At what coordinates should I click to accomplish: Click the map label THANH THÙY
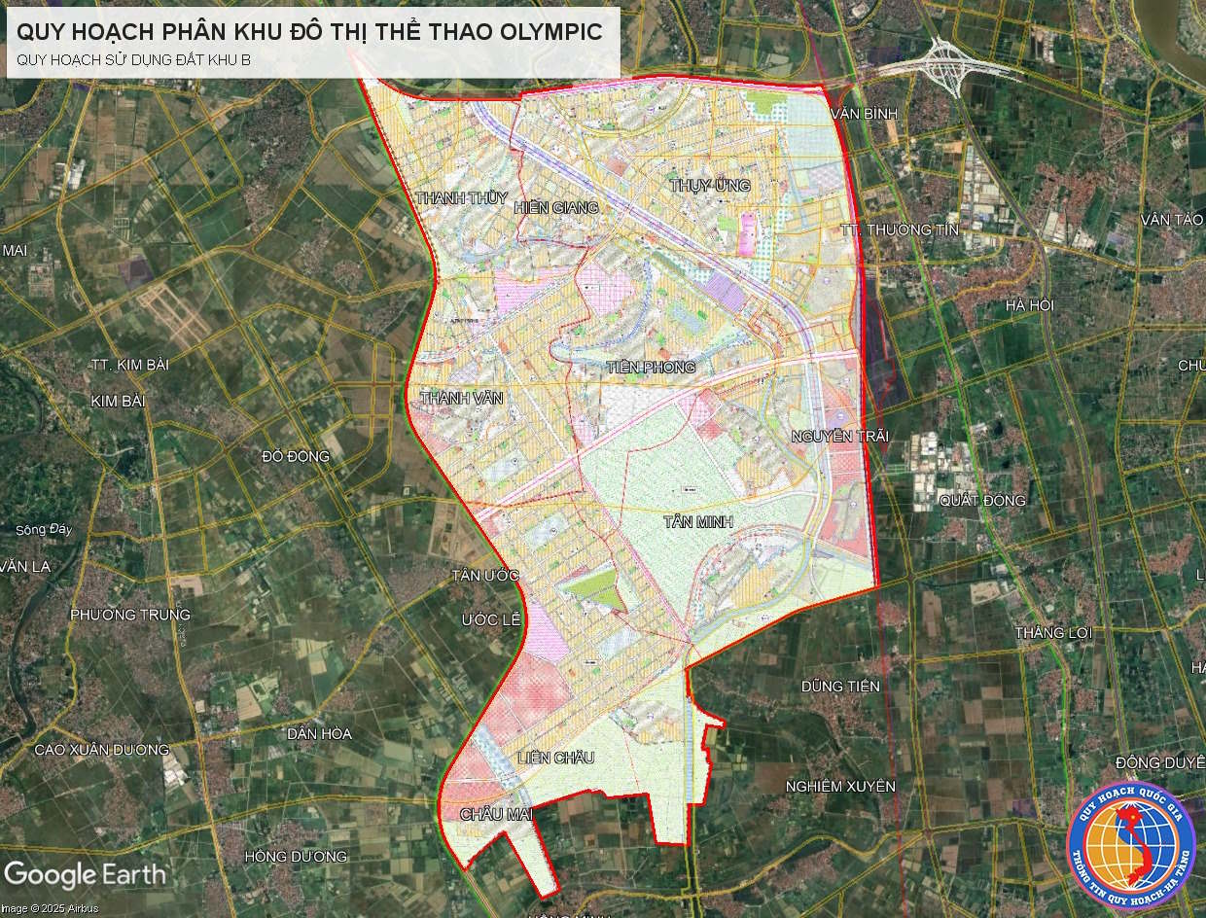pos(455,198)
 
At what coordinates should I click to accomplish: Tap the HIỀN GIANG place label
pos(555,207)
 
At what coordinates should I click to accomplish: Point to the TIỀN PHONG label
pos(651,368)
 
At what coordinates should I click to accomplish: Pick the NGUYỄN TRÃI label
pos(840,436)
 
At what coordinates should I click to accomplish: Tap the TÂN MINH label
pos(697,522)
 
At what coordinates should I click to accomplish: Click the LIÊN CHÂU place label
pos(555,758)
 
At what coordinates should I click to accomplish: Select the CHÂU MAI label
pos(497,814)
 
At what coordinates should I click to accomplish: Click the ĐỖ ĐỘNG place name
pos(296,456)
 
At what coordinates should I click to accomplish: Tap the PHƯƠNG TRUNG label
pos(130,615)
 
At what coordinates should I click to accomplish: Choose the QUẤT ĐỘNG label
pos(982,501)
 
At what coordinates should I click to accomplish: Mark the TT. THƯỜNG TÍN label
pos(899,229)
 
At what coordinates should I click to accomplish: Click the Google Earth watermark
pos(85,873)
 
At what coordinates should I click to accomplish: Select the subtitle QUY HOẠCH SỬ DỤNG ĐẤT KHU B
pos(133,59)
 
